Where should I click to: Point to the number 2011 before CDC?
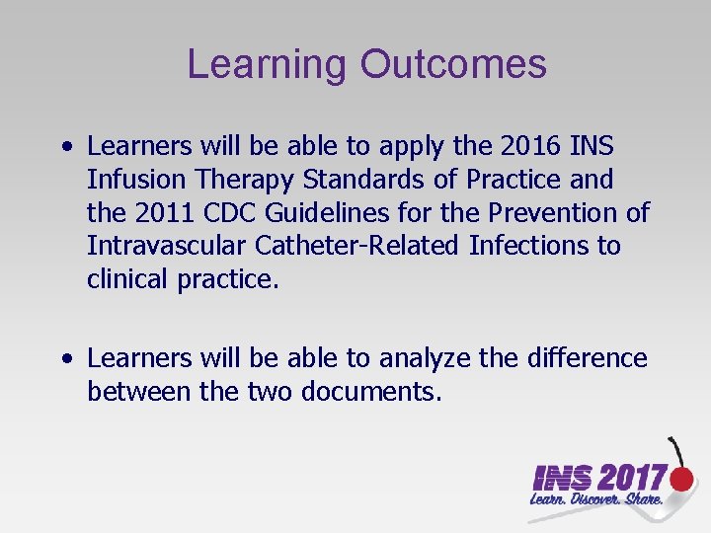tap(170, 212)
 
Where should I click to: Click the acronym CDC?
tap(245, 212)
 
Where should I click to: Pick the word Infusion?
tap(132, 180)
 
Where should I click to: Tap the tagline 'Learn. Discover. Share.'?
tap(596, 501)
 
